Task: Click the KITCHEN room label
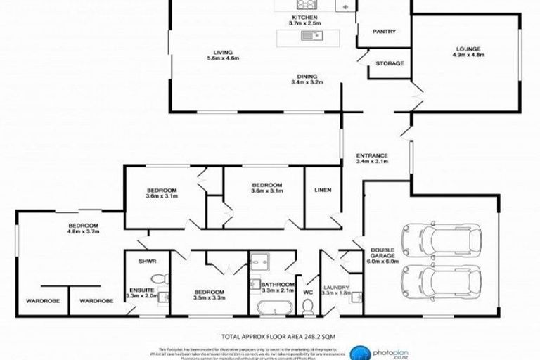[x=305, y=16]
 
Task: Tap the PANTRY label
[x=384, y=31]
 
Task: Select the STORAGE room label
[x=390, y=63]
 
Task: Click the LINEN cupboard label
[x=323, y=190]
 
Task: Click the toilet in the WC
[x=307, y=307]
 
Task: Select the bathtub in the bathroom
[x=270, y=308]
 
